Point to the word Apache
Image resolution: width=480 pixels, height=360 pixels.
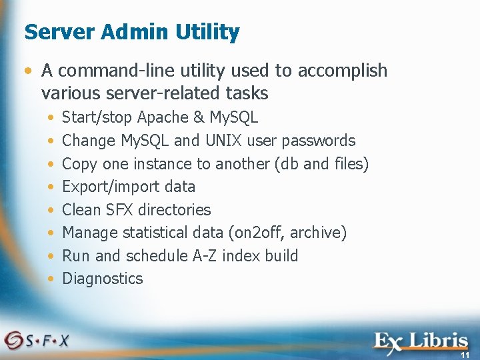tap(163, 118)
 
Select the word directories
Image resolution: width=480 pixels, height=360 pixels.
tap(175, 209)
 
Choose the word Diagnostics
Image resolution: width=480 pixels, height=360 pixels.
tap(102, 279)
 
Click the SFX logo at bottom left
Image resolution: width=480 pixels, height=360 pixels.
tap(37, 339)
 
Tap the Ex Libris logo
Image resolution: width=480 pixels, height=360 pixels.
tap(420, 341)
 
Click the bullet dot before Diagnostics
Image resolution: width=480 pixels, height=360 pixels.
tap(52, 279)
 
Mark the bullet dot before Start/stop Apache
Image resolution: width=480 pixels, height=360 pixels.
tap(52, 118)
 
